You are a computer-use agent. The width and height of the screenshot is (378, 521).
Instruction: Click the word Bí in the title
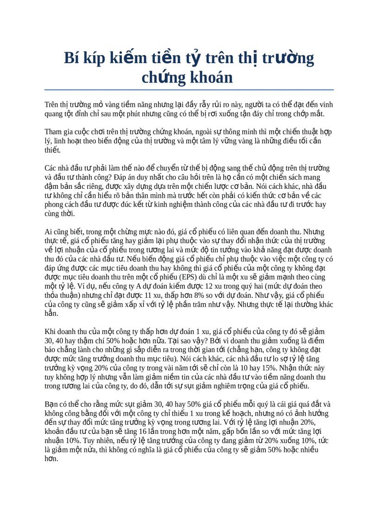click(x=71, y=58)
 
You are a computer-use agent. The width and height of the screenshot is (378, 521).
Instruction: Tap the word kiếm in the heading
click(x=127, y=58)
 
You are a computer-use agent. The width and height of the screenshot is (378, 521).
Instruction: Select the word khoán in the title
click(x=211, y=77)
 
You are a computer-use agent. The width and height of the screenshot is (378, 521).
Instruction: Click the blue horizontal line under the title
click(x=189, y=90)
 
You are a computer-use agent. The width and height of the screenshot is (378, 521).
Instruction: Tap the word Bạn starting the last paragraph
click(x=52, y=403)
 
